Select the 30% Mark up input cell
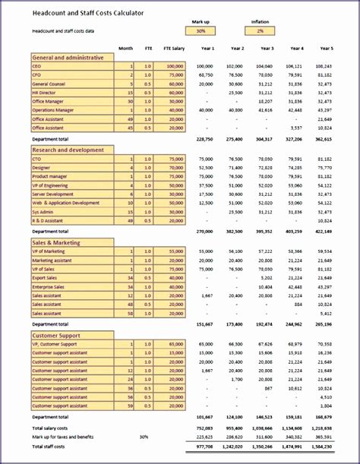coord(200,31)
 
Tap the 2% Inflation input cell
coord(260,31)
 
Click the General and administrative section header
coord(72,57)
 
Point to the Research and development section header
coord(72,150)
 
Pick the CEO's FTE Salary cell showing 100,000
coord(174,67)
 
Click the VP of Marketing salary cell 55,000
coord(175,251)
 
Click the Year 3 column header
coord(265,47)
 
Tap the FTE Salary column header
coord(172,47)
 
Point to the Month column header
coord(125,47)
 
